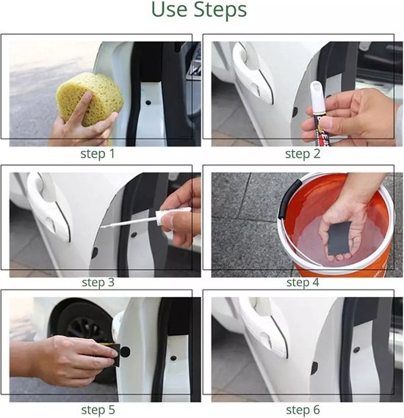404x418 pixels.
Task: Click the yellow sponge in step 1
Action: pyautogui.click(x=90, y=99)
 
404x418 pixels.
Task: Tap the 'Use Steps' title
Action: pyautogui.click(x=199, y=10)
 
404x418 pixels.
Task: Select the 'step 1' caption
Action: pyautogui.click(x=98, y=154)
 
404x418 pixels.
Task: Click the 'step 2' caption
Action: pyautogui.click(x=303, y=154)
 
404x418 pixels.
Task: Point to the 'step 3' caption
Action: pyautogui.click(x=98, y=282)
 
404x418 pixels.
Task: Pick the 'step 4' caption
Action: pyautogui.click(x=303, y=282)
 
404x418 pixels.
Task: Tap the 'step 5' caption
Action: pyautogui.click(x=98, y=410)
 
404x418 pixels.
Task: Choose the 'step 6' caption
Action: pyautogui.click(x=303, y=410)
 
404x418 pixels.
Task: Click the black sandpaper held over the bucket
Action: pyautogui.click(x=339, y=238)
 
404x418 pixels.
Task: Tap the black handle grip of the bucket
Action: pyautogui.click(x=289, y=197)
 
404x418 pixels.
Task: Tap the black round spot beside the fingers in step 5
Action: pyautogui.click(x=125, y=352)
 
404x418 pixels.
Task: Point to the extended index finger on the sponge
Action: pyautogui.click(x=81, y=107)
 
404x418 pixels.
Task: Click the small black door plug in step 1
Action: pyautogui.click(x=148, y=102)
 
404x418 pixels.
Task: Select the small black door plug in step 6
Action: pyautogui.click(x=356, y=350)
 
